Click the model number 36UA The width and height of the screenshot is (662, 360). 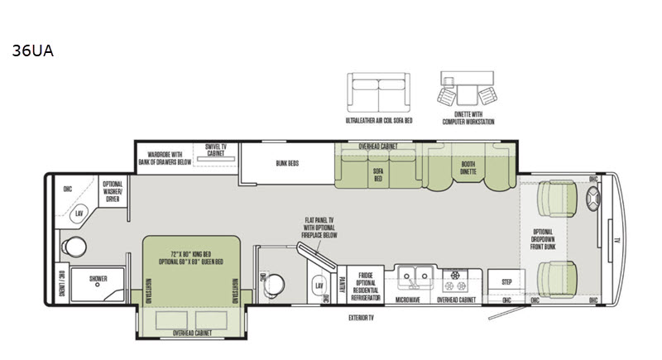(x=33, y=50)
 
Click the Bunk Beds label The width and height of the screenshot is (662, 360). (x=288, y=163)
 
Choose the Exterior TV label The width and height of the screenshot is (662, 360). (x=361, y=318)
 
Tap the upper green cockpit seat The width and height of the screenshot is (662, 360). (x=555, y=199)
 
